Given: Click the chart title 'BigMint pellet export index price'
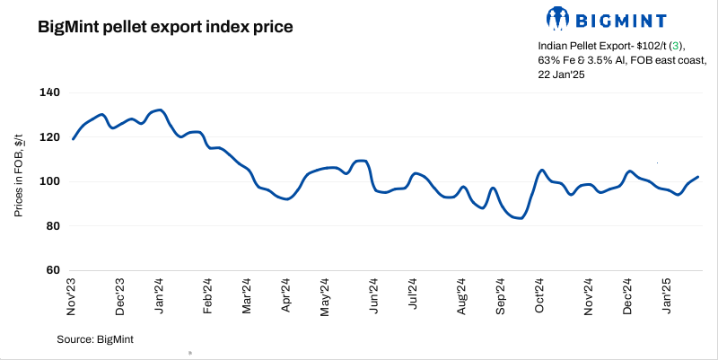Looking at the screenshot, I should pos(165,27).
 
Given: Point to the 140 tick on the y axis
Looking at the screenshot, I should pos(49,92).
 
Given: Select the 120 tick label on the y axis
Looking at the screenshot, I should pos(49,137).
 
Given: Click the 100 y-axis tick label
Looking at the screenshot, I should pos(49,181).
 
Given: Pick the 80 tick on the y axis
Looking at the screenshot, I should pos(52,226).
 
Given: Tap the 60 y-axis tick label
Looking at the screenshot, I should pos(52,270).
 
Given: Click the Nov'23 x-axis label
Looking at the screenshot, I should pos(73,296).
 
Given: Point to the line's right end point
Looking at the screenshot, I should pos(698,177).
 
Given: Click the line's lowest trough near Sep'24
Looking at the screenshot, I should pos(519,218).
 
